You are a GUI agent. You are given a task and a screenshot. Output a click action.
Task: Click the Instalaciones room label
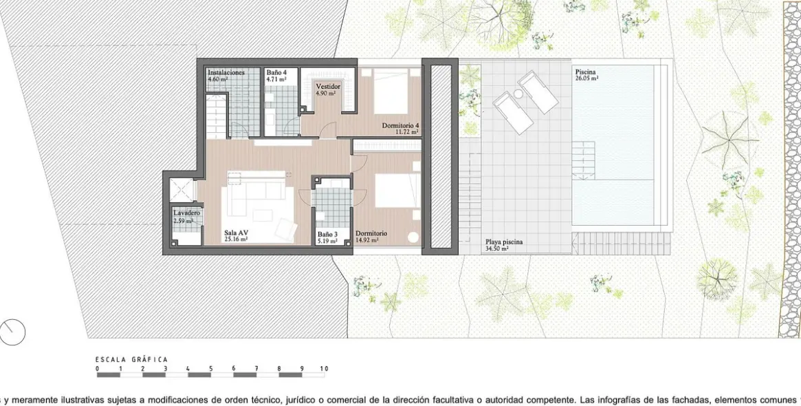[x=226, y=72]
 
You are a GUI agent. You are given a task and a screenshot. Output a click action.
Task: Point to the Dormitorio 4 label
[x=400, y=125]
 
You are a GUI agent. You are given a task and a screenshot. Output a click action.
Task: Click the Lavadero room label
[x=186, y=213]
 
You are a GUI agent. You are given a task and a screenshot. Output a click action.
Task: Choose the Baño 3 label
[x=327, y=234]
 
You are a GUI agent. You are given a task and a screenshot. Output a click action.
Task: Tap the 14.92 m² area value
[x=367, y=241]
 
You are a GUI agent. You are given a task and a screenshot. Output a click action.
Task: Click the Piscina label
[x=586, y=72]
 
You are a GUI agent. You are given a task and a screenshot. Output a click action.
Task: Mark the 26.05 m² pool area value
[x=587, y=79]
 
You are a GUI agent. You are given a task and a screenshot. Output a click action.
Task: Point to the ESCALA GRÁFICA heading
[x=131, y=359]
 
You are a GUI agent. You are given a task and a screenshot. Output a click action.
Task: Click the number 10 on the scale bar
[x=324, y=369]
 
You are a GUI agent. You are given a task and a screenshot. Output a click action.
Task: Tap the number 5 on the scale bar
[x=211, y=369]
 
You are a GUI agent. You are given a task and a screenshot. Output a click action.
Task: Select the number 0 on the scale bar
[x=98, y=369]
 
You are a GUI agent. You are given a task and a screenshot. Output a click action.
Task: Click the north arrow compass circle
[x=12, y=332]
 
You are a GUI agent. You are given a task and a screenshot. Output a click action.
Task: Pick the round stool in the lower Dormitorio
[x=413, y=237]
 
